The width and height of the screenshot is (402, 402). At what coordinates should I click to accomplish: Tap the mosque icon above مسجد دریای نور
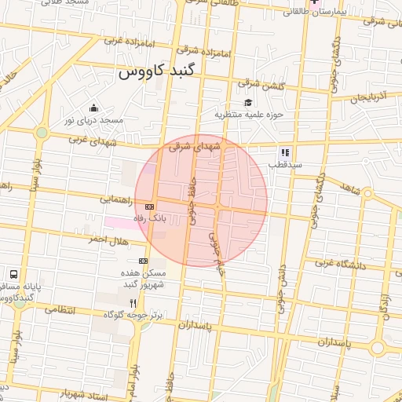[94, 108]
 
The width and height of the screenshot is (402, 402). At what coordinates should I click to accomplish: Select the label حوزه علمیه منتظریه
[248, 115]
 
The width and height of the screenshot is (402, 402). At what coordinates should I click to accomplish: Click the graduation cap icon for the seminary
[248, 103]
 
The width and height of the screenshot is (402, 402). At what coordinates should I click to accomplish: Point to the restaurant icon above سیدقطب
[285, 152]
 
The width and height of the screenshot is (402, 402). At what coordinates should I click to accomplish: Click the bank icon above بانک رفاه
[150, 205]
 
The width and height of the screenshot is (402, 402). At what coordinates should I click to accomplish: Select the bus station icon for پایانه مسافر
[13, 275]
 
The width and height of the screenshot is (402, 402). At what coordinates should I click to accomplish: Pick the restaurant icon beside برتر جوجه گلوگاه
[133, 303]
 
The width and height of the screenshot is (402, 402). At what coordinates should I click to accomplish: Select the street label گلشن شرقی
[261, 84]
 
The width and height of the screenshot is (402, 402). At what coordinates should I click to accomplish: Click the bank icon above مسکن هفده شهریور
[143, 261]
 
